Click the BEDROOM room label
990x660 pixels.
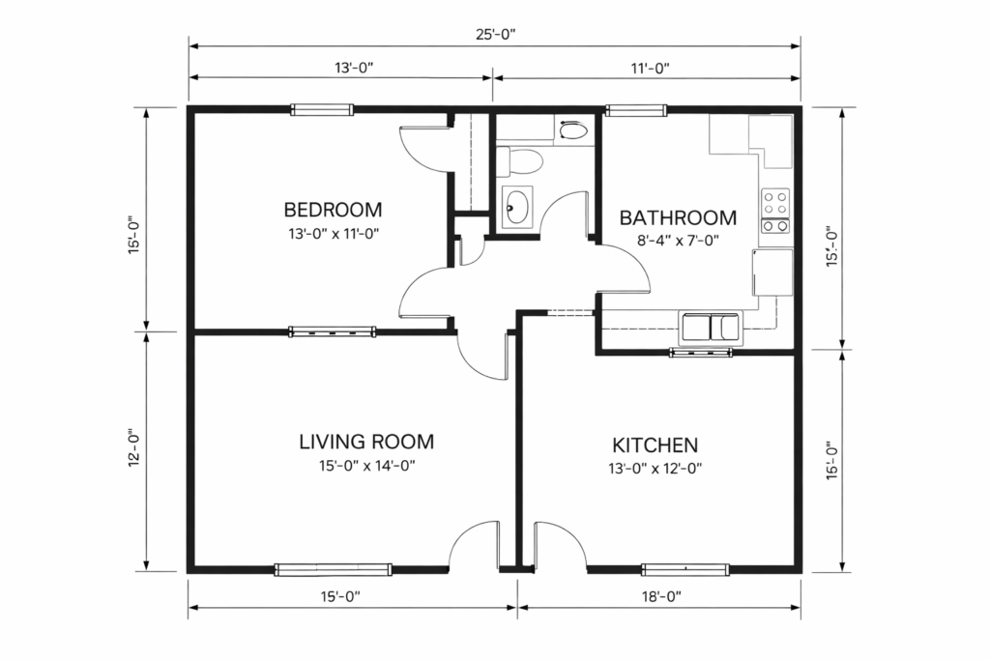pos(333,209)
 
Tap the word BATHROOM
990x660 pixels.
pos(678,217)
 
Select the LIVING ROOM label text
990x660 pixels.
pos(365,443)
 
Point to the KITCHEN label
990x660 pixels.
pos(655,445)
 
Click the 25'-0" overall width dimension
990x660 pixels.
pos(494,33)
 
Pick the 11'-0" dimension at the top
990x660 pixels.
pos(646,68)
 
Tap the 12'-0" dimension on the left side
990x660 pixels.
pos(134,450)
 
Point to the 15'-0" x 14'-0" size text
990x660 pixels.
pos(364,466)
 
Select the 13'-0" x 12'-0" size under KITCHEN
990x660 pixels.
pos(655,469)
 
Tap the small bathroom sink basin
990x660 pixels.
pos(517,206)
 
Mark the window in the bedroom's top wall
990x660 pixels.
pos(322,110)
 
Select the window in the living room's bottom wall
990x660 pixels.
pos(333,569)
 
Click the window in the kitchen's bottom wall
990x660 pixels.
pos(685,569)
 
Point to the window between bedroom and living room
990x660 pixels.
pos(332,331)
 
